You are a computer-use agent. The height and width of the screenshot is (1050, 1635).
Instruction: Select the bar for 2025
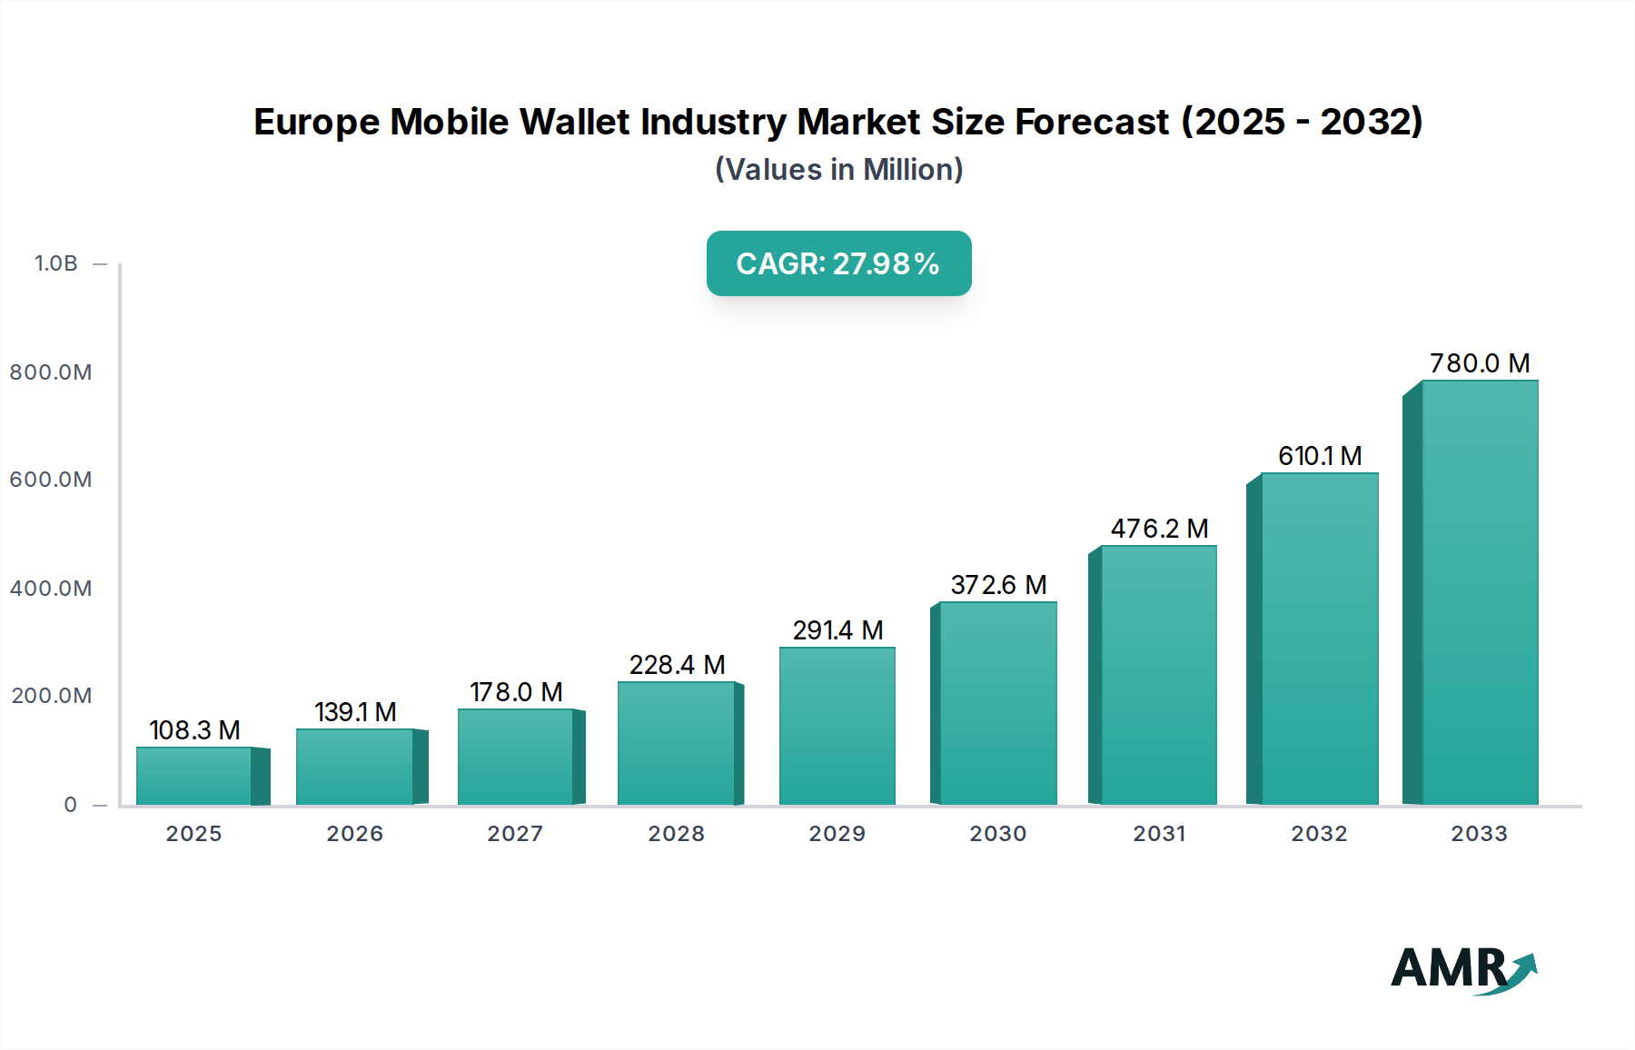(x=194, y=777)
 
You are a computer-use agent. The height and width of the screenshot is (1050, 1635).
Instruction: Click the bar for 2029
(x=837, y=727)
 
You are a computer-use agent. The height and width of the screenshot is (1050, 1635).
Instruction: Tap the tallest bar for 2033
(x=1480, y=593)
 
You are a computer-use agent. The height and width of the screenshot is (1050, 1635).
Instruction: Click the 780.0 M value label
(x=1480, y=363)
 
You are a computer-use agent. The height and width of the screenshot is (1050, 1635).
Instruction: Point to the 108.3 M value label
(x=194, y=730)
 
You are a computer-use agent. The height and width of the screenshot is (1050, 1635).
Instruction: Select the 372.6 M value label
(x=998, y=585)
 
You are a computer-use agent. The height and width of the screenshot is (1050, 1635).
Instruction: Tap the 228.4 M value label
(x=677, y=665)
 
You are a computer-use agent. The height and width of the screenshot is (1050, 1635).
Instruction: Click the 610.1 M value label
(x=1319, y=456)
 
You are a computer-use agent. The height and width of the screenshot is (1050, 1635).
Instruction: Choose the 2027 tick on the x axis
(x=515, y=834)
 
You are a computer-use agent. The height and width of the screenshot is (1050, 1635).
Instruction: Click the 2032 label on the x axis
(x=1319, y=834)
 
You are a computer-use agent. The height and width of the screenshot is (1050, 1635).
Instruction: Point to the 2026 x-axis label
(x=354, y=834)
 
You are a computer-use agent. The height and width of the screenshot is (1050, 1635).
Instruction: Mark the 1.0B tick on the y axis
(x=56, y=263)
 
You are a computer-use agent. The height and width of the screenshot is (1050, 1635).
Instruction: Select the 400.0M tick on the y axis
(x=51, y=589)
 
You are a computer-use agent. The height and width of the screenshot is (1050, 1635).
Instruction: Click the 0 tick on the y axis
(x=71, y=805)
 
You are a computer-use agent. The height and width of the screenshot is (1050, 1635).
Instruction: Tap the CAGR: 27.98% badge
(x=838, y=263)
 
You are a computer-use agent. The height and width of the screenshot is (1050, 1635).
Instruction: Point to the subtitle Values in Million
(x=838, y=170)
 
